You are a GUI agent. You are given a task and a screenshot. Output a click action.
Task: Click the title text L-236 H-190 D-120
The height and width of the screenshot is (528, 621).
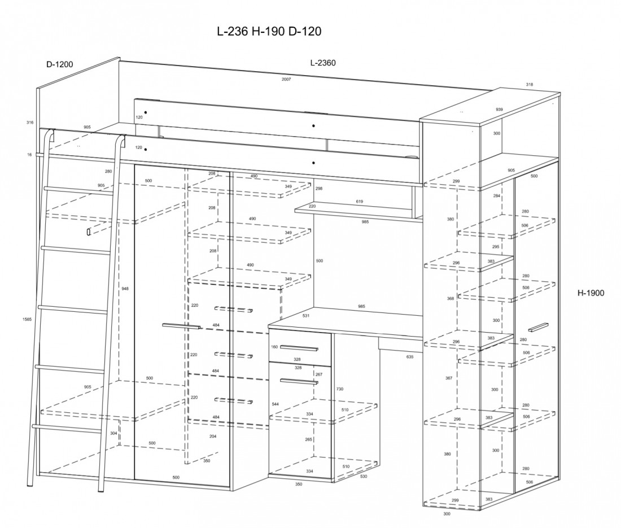(269, 32)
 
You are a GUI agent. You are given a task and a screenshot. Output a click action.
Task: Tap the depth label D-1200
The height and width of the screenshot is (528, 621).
(59, 64)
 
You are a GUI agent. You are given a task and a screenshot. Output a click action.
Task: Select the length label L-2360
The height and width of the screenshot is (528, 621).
(323, 63)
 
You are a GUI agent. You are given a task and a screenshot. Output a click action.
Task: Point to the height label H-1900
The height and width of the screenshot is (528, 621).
(591, 293)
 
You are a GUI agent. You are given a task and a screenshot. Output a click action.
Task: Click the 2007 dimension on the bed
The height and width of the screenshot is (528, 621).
(286, 80)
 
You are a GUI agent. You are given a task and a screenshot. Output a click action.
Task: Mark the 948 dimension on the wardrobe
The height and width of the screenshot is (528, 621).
(125, 289)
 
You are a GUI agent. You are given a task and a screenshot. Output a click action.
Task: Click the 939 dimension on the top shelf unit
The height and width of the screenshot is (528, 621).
(499, 109)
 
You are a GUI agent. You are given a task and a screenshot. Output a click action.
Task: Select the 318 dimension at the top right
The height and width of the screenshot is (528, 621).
(529, 85)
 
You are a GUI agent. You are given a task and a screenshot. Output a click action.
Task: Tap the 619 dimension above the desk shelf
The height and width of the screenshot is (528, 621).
(360, 202)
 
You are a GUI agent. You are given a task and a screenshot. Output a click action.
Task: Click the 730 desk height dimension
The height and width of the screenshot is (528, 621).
(340, 389)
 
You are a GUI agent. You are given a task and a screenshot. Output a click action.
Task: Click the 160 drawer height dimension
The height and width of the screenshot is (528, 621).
(275, 347)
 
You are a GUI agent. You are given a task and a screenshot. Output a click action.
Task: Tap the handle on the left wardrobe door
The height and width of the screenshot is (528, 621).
(181, 326)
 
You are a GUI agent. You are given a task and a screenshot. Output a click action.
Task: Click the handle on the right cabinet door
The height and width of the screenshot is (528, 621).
(539, 327)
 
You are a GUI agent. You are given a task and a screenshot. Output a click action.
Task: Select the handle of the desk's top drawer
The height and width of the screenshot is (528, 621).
(299, 346)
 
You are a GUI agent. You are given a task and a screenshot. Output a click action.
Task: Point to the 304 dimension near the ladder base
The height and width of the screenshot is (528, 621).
(113, 434)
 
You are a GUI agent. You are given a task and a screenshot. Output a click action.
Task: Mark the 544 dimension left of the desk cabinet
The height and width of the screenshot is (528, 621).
(275, 404)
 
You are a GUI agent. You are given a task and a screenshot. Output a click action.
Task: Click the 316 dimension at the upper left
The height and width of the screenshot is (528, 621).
(30, 123)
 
